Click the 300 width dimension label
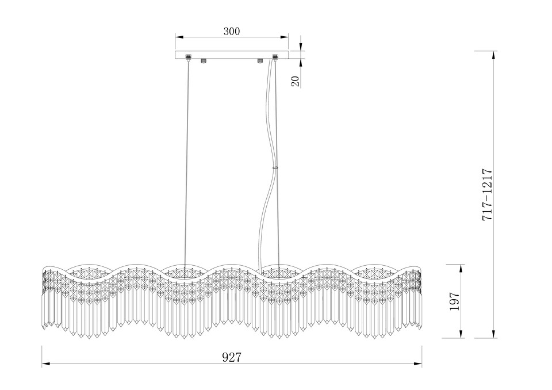(232, 32)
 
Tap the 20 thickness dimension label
(296, 81)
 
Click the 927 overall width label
(232, 357)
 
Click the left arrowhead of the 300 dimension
(180, 37)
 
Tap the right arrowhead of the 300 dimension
(283, 37)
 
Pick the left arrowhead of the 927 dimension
(47, 364)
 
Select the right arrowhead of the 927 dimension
(417, 364)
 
